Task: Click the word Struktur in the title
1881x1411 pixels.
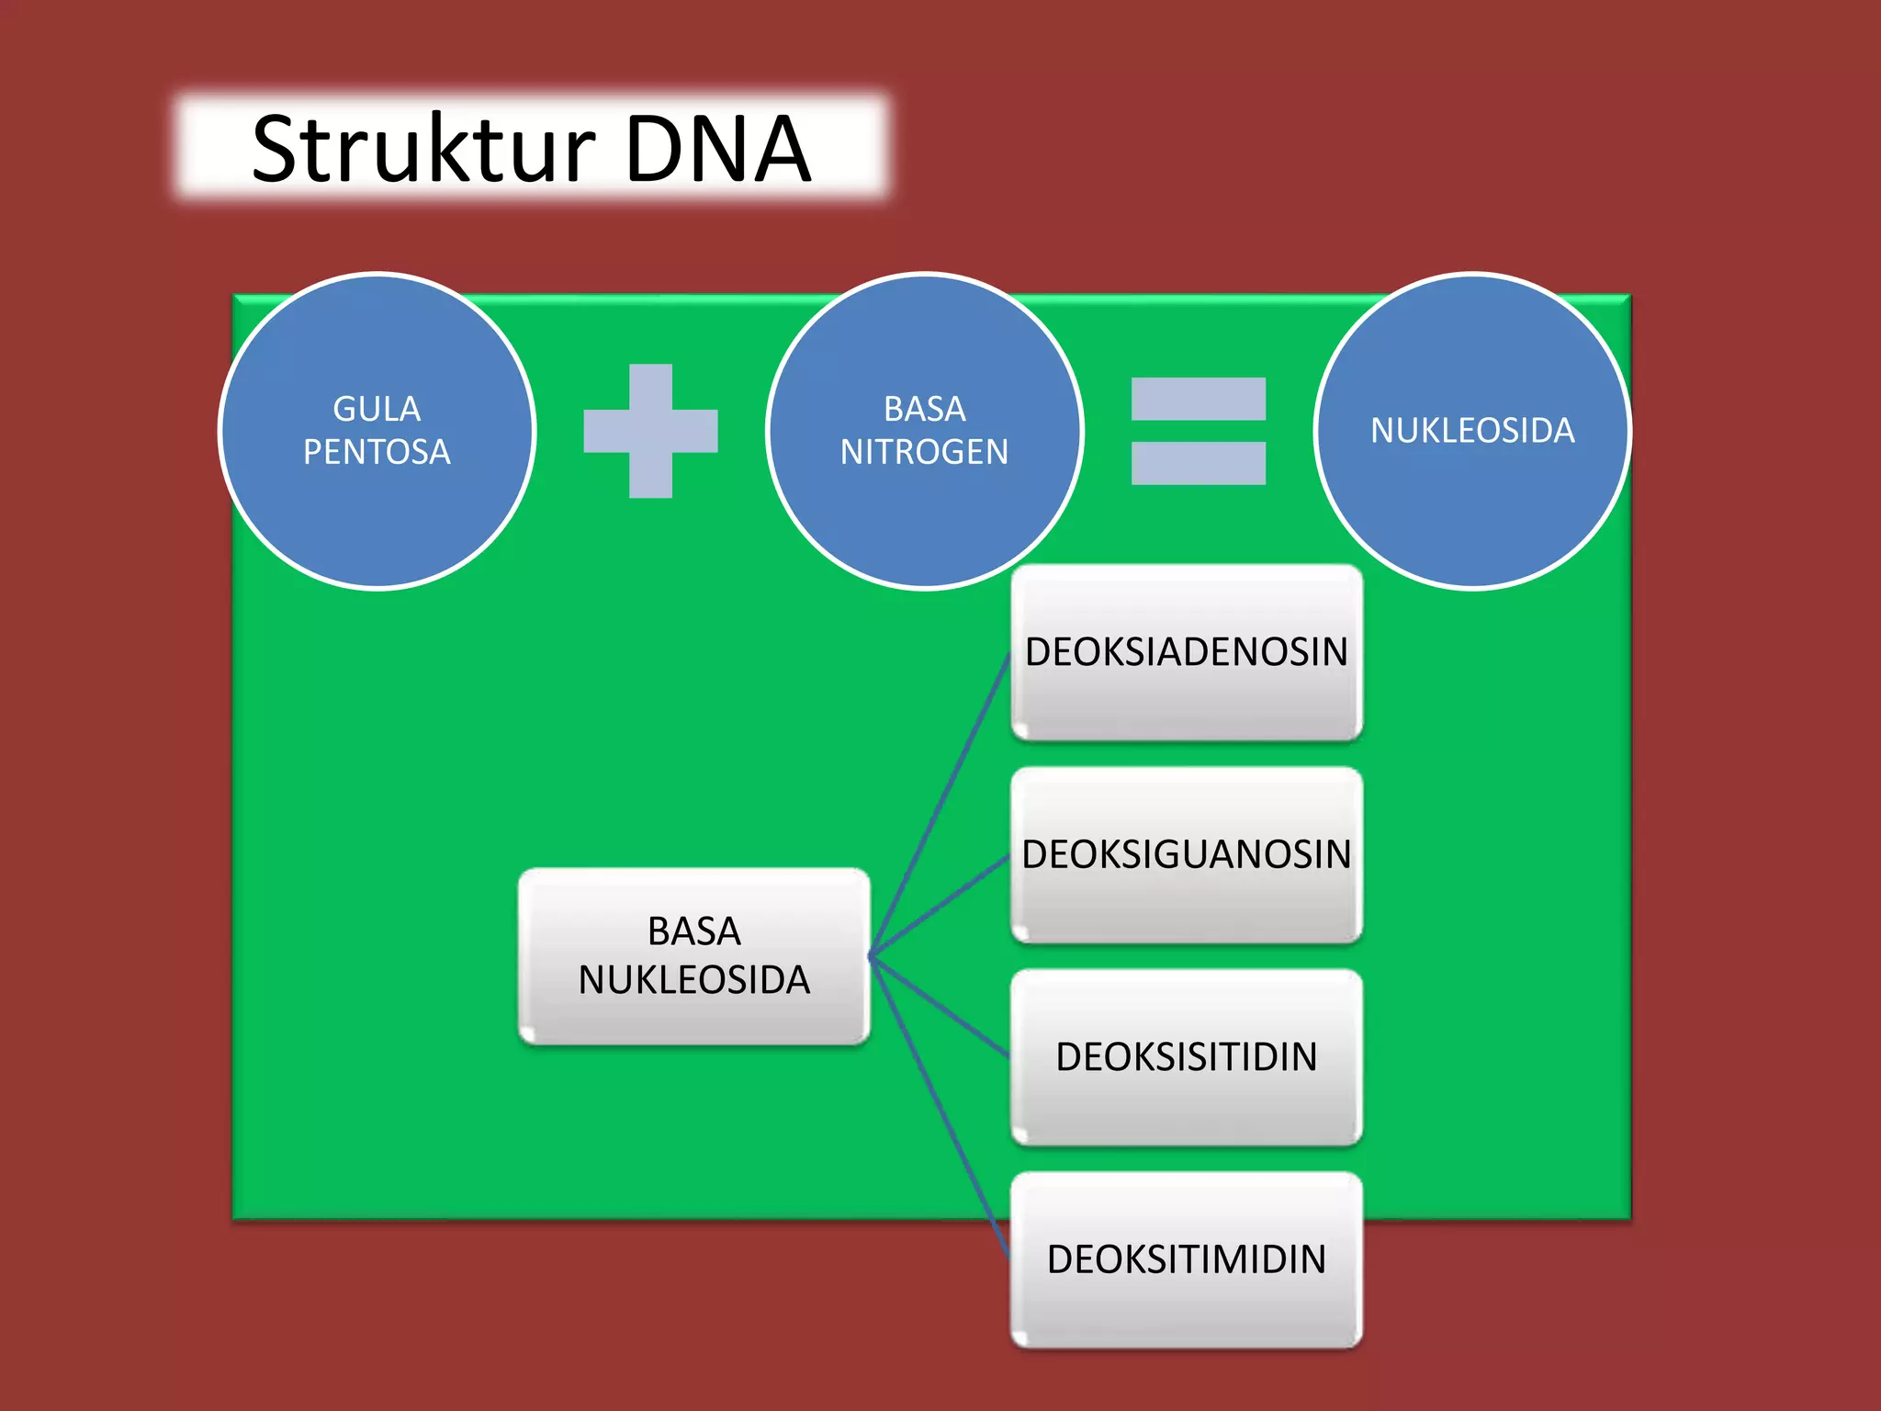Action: (x=422, y=149)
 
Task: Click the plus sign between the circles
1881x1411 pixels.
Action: (x=650, y=431)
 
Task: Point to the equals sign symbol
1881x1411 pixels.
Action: (x=1198, y=431)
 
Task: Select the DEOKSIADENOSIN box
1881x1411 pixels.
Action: (x=1186, y=652)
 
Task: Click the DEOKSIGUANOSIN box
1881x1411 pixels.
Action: (x=1186, y=855)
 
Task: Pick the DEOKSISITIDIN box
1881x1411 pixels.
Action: (x=1186, y=1057)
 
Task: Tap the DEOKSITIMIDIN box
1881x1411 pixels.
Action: (x=1186, y=1259)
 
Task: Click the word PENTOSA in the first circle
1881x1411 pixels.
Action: (x=377, y=452)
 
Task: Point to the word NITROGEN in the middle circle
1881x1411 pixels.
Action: (x=924, y=452)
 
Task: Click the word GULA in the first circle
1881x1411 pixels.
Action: (x=377, y=409)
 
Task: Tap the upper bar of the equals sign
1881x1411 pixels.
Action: (x=1198, y=399)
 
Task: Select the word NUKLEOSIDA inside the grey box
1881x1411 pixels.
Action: (x=693, y=980)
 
